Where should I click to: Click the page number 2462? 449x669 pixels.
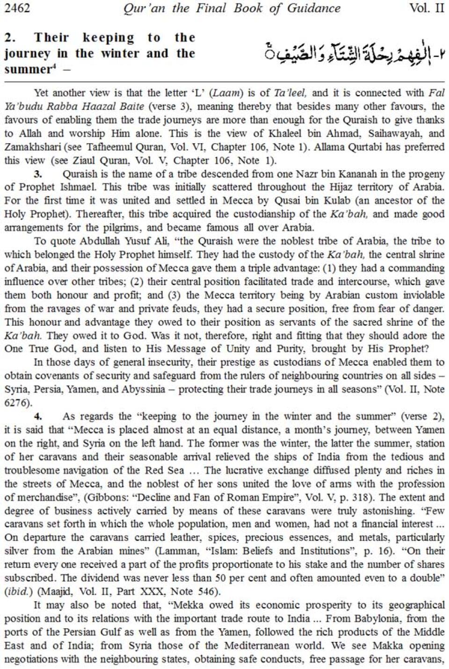pyautogui.click(x=17, y=8)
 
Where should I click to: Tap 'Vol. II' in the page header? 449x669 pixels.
pyautogui.click(x=426, y=8)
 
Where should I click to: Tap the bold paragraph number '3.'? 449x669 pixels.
pyautogui.click(x=39, y=174)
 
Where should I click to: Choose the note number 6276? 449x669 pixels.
pyautogui.click(x=16, y=403)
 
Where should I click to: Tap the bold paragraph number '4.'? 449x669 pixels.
pyautogui.click(x=39, y=416)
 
